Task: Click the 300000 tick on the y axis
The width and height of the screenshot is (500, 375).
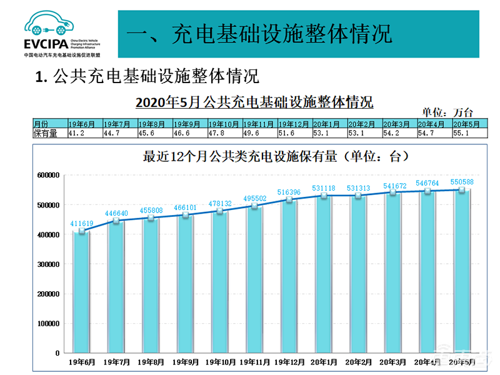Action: click(x=47, y=264)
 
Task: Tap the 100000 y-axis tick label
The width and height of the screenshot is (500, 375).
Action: click(x=47, y=324)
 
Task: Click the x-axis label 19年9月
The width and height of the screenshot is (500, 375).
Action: click(x=186, y=362)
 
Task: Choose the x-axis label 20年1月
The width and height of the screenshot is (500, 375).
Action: click(x=324, y=362)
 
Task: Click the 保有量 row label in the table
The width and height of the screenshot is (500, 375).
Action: click(x=45, y=133)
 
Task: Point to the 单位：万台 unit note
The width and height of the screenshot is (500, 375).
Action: click(x=447, y=112)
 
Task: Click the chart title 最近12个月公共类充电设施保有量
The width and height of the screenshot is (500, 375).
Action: click(x=259, y=157)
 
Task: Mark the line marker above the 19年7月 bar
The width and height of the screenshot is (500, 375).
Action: click(x=116, y=220)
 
